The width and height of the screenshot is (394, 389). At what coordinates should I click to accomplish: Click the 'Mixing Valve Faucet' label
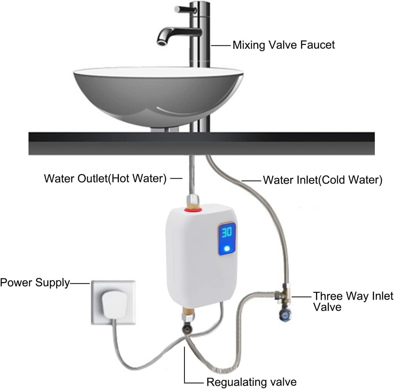click(x=283, y=45)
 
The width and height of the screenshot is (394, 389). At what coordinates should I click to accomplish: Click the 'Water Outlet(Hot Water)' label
click(x=105, y=179)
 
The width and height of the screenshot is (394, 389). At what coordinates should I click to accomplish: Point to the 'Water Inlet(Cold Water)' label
click(x=323, y=180)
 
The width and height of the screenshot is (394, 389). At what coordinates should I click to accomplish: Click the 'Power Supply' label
click(x=35, y=283)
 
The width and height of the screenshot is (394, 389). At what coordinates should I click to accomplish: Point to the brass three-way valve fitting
click(x=284, y=294)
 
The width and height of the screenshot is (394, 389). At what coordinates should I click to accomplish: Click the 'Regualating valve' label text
click(x=251, y=382)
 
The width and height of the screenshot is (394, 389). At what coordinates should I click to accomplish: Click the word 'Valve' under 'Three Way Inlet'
click(x=327, y=307)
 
